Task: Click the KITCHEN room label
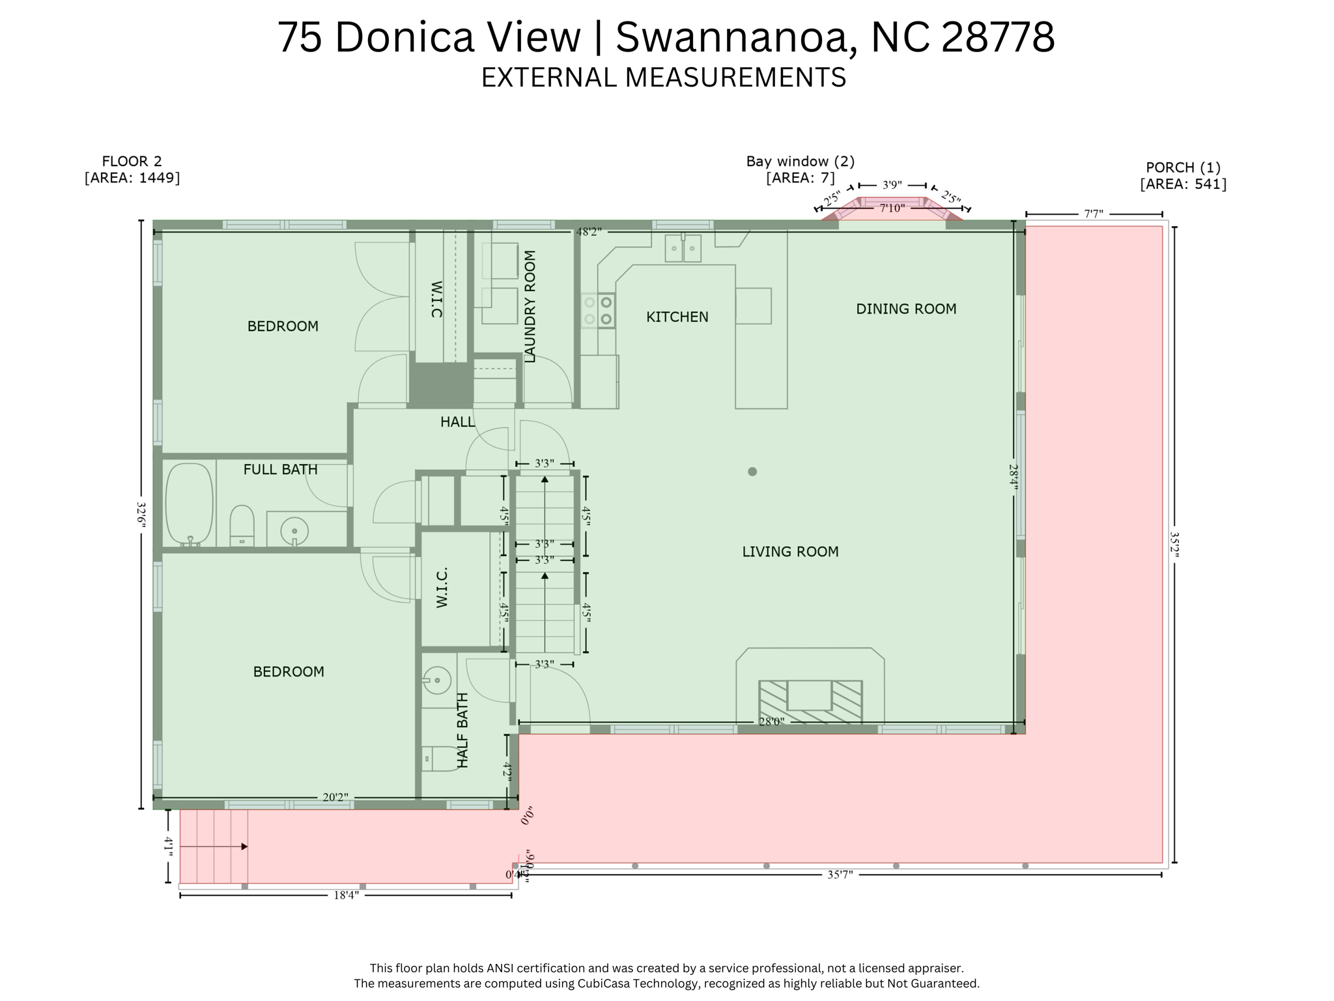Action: coord(677,317)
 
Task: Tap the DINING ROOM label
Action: coord(905,309)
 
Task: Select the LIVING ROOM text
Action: coord(790,551)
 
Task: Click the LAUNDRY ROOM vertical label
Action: coord(530,306)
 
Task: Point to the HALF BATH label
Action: coord(462,730)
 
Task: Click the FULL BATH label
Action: coord(280,469)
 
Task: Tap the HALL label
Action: coord(457,422)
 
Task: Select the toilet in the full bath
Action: coord(242,525)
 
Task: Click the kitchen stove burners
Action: coord(598,310)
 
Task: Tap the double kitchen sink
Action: coord(683,248)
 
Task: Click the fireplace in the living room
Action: coord(810,701)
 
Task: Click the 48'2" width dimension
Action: coord(588,232)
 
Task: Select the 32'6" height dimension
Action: coord(141,515)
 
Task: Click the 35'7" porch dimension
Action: coord(840,875)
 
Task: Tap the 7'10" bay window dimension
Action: coord(892,209)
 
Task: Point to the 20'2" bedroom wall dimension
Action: coord(335,798)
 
